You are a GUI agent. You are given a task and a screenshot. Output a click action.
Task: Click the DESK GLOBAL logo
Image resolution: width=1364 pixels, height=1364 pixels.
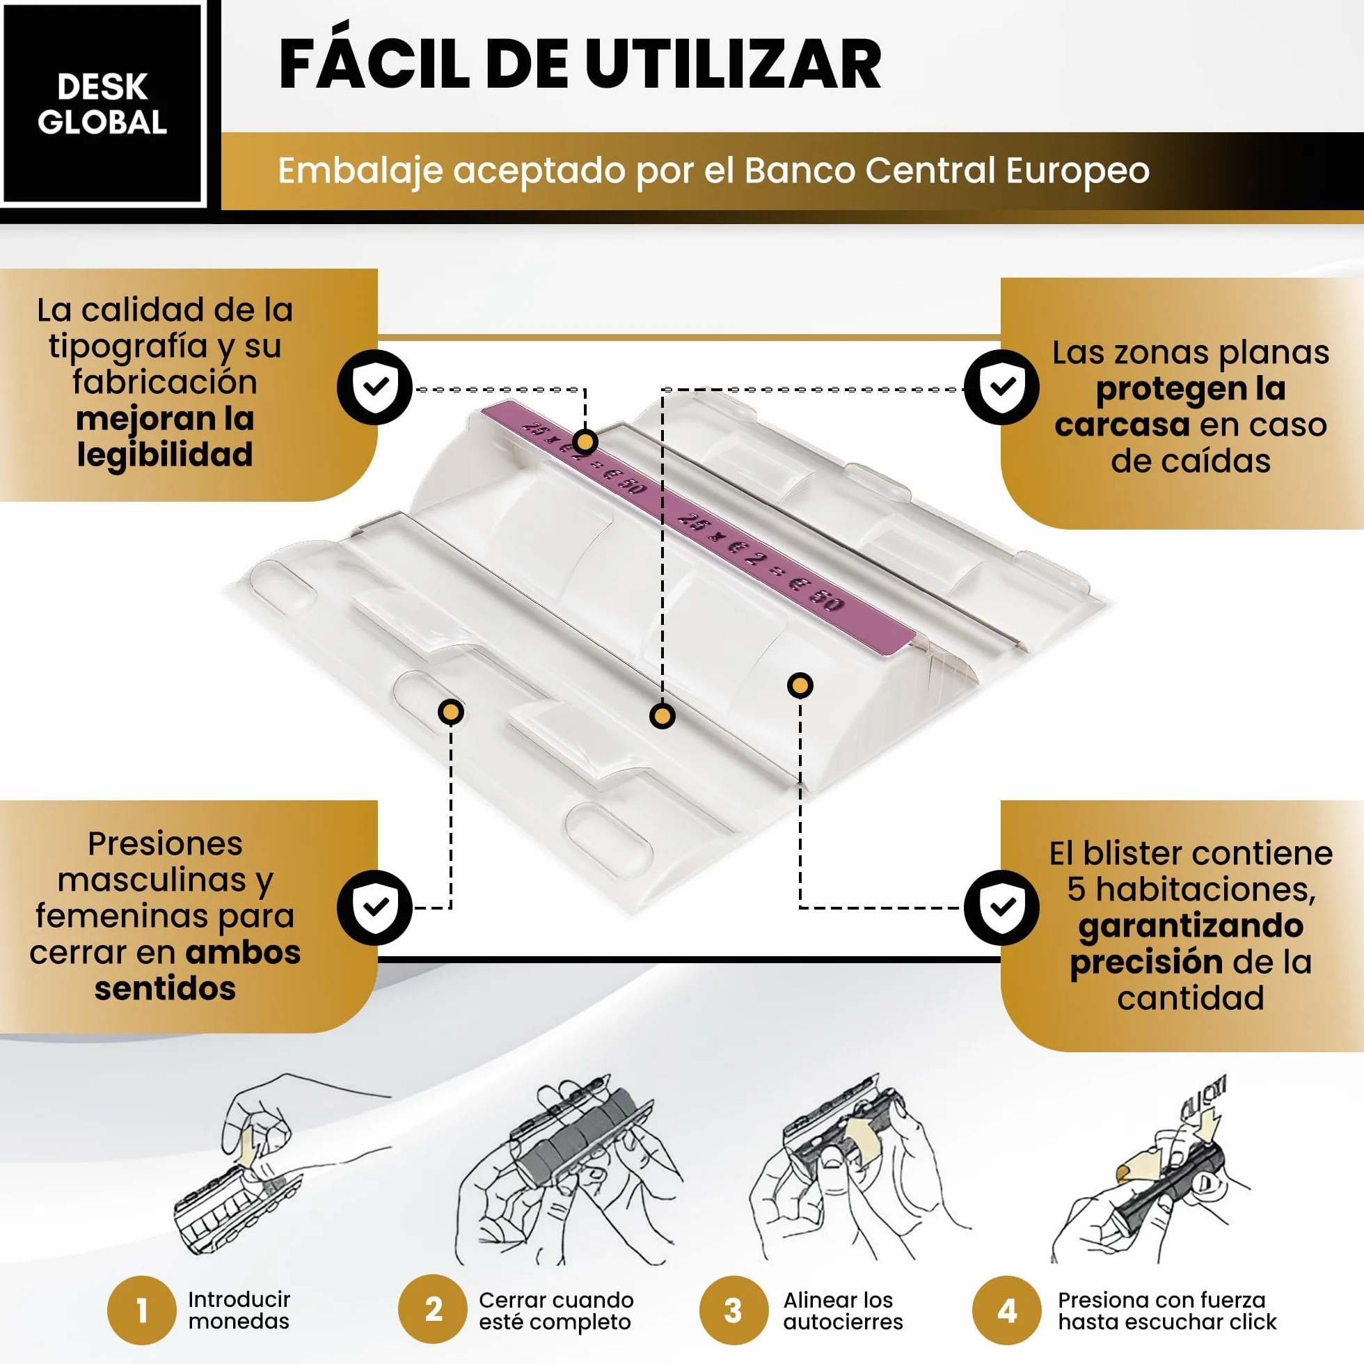102,104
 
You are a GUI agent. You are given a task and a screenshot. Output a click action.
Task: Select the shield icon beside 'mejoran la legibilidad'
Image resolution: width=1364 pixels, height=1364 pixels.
374,387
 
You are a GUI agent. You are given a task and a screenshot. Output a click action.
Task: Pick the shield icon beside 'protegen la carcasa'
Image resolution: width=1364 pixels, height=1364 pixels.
1001,387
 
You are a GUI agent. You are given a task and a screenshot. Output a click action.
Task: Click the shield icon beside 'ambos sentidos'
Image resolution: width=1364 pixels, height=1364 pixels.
374,907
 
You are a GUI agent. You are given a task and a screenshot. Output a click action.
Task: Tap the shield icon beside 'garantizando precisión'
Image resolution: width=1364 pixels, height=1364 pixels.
1001,907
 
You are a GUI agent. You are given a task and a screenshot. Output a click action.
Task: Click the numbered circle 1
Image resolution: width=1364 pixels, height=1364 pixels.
142,1310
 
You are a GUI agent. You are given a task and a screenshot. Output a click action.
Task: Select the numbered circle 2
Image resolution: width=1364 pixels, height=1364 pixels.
433,1309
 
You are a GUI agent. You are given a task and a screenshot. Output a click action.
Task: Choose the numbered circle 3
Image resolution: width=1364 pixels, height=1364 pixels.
733,1310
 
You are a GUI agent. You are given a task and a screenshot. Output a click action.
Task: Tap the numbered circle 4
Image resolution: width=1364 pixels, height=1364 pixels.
1007,1310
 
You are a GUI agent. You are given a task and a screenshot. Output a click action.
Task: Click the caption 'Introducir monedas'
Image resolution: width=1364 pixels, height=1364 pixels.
239,1310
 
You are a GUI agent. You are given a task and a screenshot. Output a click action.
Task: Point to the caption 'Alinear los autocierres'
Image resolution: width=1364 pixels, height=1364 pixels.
843,1310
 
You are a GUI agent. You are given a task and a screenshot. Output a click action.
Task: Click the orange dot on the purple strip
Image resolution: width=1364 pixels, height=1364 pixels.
585,442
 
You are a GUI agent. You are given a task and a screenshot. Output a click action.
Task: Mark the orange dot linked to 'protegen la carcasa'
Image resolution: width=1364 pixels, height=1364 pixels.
663,717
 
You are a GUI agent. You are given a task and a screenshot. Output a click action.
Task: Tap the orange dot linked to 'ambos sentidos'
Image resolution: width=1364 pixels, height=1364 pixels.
451,712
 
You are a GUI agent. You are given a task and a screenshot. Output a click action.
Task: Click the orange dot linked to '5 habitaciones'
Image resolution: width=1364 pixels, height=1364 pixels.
800,685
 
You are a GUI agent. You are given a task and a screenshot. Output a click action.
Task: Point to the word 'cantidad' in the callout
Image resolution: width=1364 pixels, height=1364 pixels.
1190,997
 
